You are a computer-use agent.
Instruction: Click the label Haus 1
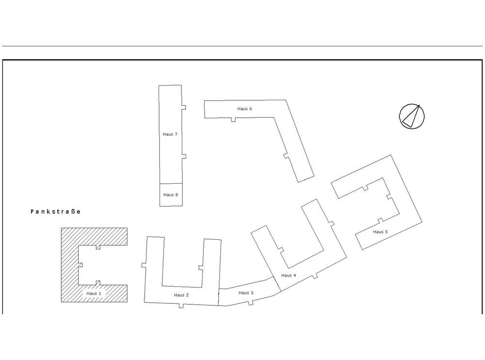94,293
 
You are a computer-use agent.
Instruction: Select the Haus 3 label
246,293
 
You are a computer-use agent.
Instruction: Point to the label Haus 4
288,275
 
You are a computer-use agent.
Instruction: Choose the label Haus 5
380,232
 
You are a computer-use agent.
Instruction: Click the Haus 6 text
244,109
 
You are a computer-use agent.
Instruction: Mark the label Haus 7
170,134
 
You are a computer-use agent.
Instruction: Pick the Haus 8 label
171,194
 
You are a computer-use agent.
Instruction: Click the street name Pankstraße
55,212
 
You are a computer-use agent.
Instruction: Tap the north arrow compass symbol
412,116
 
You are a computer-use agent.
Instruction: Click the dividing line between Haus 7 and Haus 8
171,184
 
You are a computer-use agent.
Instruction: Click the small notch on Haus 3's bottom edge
251,303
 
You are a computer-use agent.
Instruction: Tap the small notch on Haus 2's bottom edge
181,305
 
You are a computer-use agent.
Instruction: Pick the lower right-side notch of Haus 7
184,156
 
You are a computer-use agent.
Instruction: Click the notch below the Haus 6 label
234,119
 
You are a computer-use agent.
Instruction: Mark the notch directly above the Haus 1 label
98,282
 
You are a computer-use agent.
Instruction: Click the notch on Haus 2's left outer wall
144,265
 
